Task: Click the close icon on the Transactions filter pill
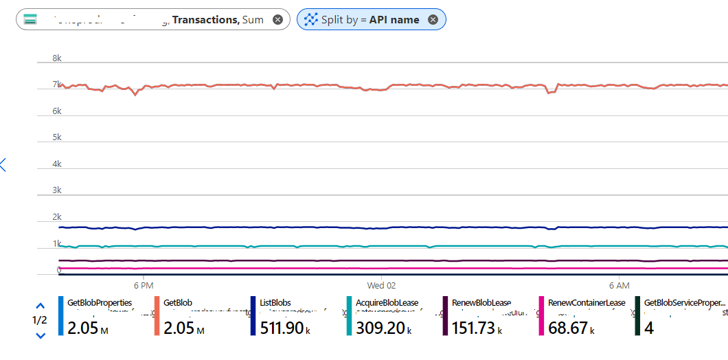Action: tap(277, 20)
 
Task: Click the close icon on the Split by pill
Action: tap(433, 20)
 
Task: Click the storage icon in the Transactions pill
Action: tap(31, 20)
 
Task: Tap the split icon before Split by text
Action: tap(310, 20)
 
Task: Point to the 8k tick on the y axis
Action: tap(57, 59)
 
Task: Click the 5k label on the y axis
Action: tap(57, 137)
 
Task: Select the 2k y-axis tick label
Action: tap(57, 216)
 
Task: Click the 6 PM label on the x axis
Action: tap(143, 285)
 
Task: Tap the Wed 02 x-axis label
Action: tap(381, 285)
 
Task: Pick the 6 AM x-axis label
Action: tap(619, 285)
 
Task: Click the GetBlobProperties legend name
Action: tap(100, 302)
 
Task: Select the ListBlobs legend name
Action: tap(275, 302)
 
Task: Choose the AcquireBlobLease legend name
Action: tap(387, 302)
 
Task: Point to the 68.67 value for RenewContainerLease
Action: tap(569, 328)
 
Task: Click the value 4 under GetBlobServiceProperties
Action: tap(649, 328)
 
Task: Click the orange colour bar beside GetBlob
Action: tap(157, 316)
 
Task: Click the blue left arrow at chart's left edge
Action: tap(3, 164)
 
